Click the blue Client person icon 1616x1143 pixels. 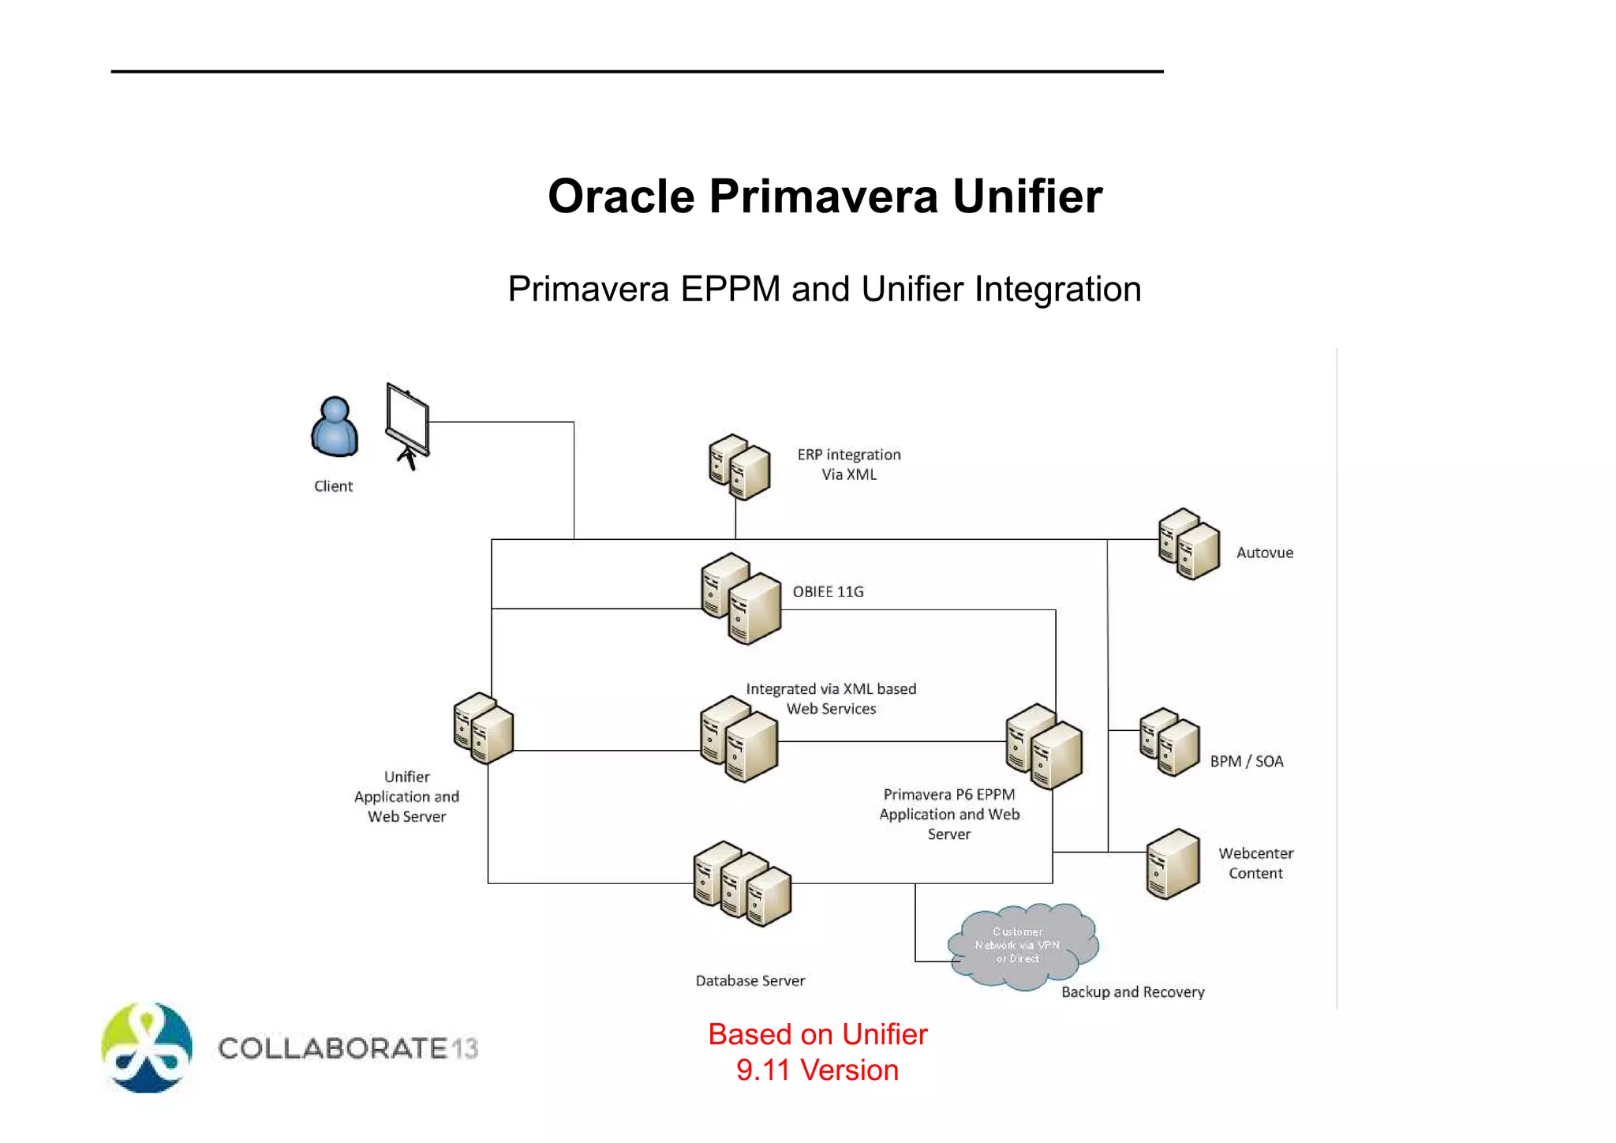click(335, 427)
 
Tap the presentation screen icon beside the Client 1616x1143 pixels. click(408, 425)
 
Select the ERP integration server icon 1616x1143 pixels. click(739, 467)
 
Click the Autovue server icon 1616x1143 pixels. click(1189, 544)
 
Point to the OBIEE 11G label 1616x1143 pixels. click(828, 591)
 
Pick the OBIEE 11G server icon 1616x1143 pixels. click(741, 598)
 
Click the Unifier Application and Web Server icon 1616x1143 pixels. click(484, 728)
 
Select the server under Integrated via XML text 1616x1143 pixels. click(739, 739)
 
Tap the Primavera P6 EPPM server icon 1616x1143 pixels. click(1044, 747)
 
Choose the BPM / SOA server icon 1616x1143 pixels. click(1169, 742)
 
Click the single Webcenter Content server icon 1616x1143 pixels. click(1173, 864)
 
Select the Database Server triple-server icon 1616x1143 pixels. click(742, 883)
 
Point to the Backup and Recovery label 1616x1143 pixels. click(1132, 991)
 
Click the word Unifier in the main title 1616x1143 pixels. click(1027, 196)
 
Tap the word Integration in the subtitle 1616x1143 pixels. click(1057, 289)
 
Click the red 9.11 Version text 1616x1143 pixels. click(817, 1070)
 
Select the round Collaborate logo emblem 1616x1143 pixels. click(147, 1047)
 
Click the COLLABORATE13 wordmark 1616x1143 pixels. click(348, 1048)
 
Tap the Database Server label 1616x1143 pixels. click(750, 980)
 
